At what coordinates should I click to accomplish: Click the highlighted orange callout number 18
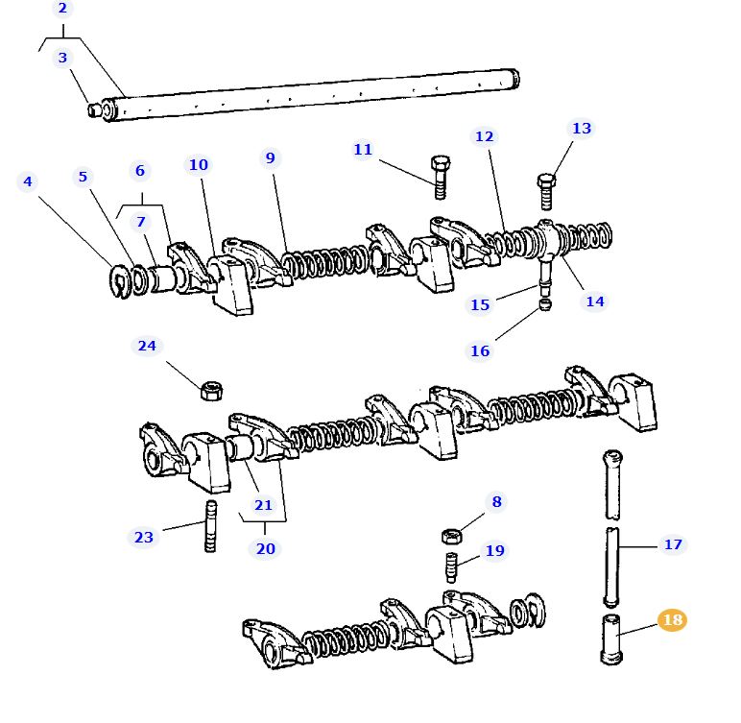[x=672, y=620]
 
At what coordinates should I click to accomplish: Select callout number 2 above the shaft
[x=62, y=10]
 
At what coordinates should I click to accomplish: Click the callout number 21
[x=263, y=505]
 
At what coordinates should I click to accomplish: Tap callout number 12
[x=484, y=137]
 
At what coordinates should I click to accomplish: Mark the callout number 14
[x=595, y=301]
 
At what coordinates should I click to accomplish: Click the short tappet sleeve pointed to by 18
[x=610, y=638]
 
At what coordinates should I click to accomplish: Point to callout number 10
[x=198, y=165]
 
